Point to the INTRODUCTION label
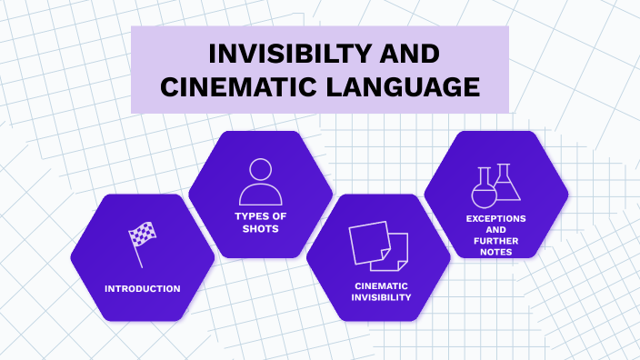point(142,288)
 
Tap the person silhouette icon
point(260,182)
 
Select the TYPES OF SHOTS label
point(260,224)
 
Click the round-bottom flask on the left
point(484,188)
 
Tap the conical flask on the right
point(507,183)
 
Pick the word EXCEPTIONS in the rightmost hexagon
point(496,218)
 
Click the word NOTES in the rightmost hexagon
point(496,251)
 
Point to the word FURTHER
point(496,240)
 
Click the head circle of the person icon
point(260,169)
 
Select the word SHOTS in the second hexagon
point(260,229)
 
